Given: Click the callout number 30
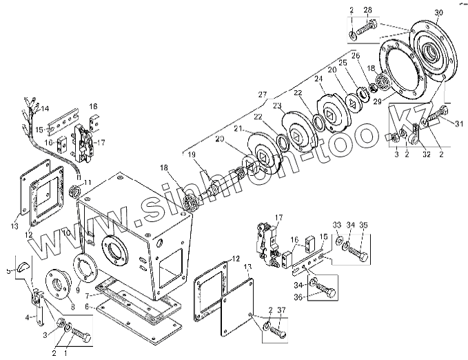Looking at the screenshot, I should pos(439,14).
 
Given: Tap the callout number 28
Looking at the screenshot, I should pos(367,9).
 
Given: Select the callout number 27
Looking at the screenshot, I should pos(262,94).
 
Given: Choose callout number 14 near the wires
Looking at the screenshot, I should pos(45,109).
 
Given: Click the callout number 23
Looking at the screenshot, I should pos(276,106).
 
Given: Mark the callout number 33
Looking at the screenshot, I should pos(336,225).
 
